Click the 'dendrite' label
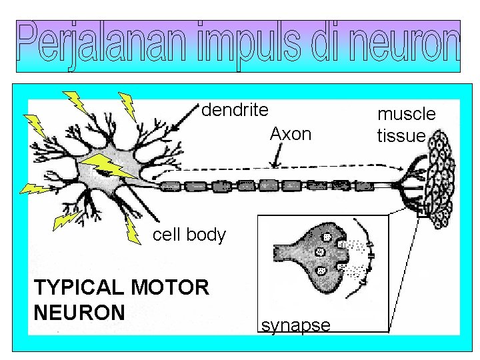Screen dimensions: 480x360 tap(235, 109)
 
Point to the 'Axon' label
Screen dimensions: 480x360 tap(291, 134)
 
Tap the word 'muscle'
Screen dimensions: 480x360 tap(407, 114)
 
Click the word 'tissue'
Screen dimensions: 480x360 tap(401, 136)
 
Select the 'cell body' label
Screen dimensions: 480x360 tap(189, 235)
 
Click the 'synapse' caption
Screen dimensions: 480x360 tap(295, 325)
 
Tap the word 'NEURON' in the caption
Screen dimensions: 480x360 tap(79, 312)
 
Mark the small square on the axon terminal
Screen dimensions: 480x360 tap(421, 213)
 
